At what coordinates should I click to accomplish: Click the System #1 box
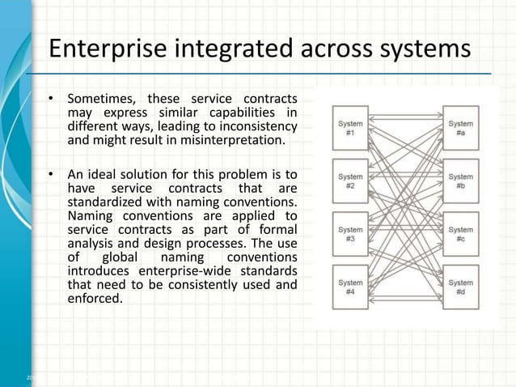[x=350, y=127]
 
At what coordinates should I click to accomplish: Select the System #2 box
[x=350, y=181]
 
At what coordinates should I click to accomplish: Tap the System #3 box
[x=350, y=234]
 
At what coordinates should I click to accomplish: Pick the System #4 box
[x=350, y=287]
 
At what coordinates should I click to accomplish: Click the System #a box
[x=460, y=127]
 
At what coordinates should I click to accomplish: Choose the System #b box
[x=460, y=181]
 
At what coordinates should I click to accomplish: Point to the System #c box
[x=460, y=234]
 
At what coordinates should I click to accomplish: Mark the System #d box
[x=460, y=287]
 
